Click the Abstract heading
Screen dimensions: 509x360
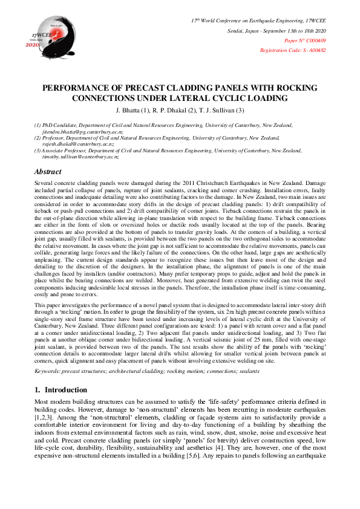point(48,172)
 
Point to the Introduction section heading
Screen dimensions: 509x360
point(65,390)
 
